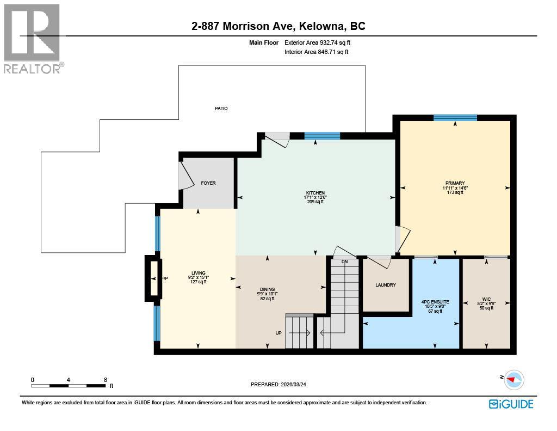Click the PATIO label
[221, 108]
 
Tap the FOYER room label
[208, 183]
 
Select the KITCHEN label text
[315, 193]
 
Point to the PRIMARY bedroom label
[455, 183]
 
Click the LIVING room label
[198, 273]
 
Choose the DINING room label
[267, 289]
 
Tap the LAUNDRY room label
[386, 285]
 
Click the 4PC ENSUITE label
[435, 301]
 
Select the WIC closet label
[486, 299]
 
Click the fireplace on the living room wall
[153, 278]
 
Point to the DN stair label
[344, 262]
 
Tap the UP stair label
[278, 332]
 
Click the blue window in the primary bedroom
[455, 118]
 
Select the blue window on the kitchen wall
[322, 136]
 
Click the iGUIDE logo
[511, 404]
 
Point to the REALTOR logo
[32, 39]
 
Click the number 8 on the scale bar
[105, 380]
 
